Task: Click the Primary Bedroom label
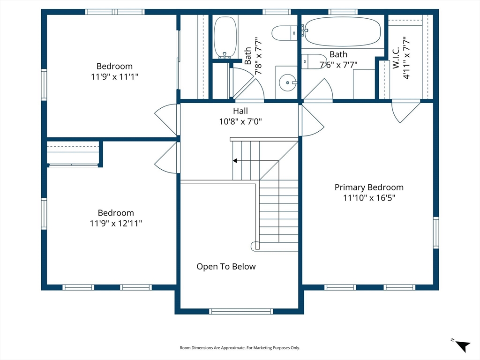(x=369, y=187)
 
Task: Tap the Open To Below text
(x=226, y=266)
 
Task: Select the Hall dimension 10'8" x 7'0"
(x=240, y=121)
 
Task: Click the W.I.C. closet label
(x=396, y=58)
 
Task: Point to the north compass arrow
(x=463, y=346)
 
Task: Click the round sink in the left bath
(x=288, y=82)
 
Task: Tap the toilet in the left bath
(x=285, y=33)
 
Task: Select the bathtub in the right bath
(x=342, y=31)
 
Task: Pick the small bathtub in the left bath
(x=225, y=37)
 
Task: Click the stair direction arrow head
(x=235, y=161)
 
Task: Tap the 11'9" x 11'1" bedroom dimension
(x=114, y=76)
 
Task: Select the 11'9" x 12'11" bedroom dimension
(x=116, y=223)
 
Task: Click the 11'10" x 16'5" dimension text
(x=369, y=198)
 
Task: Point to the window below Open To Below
(x=241, y=311)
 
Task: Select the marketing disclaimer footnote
(x=240, y=348)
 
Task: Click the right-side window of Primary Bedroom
(x=436, y=232)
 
